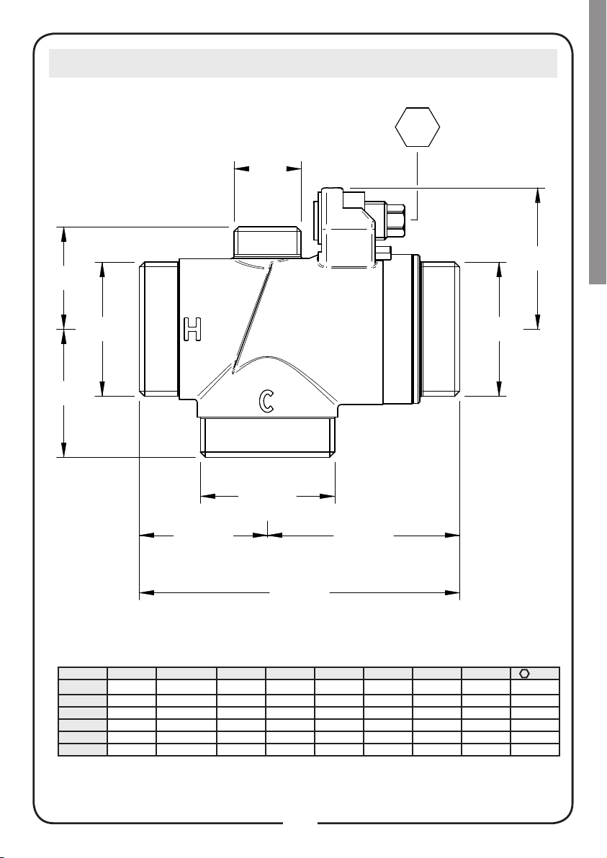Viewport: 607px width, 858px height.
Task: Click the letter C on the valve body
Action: click(x=266, y=401)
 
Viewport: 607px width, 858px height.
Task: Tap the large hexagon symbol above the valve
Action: click(x=418, y=127)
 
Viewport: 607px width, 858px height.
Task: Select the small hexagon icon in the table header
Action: click(x=524, y=673)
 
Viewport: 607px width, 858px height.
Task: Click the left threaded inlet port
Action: click(x=158, y=329)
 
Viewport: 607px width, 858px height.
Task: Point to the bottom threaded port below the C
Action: click(x=268, y=437)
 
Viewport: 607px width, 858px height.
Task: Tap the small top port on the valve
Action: click(x=268, y=242)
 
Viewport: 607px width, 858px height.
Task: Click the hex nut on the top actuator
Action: click(x=396, y=220)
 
